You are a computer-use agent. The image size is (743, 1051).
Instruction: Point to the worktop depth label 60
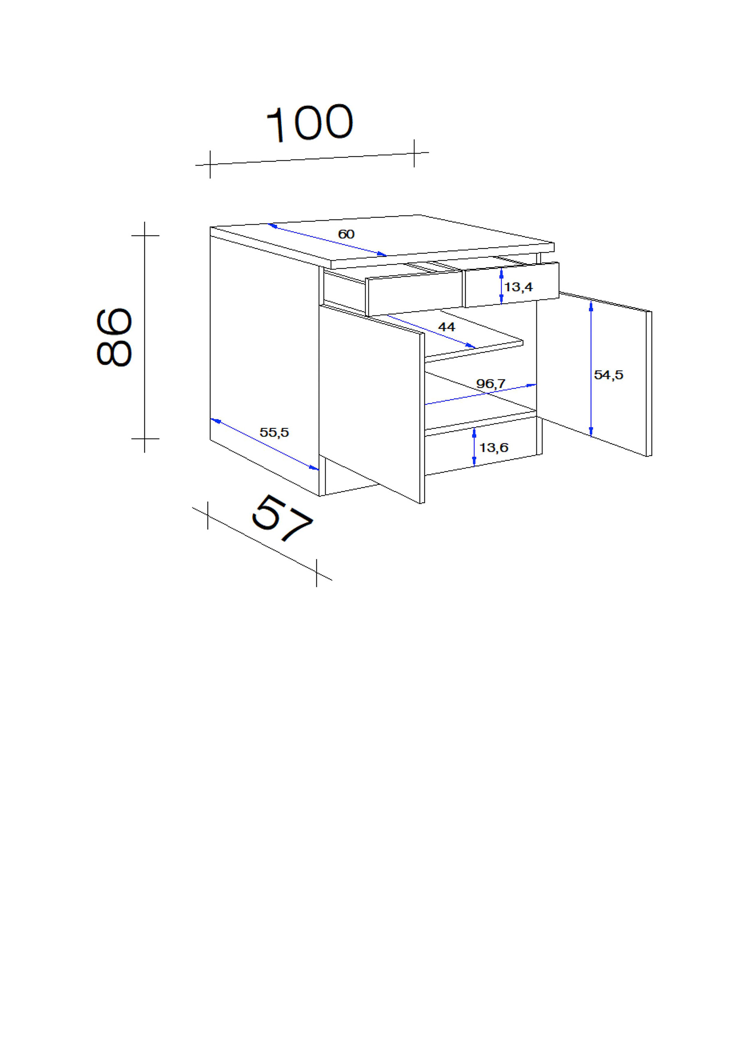346,235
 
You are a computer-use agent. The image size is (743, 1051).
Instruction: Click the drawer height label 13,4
519,287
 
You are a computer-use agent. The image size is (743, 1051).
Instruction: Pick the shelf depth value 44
447,327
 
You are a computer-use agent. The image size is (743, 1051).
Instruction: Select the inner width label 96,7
491,383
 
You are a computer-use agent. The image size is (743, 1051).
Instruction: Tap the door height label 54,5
608,375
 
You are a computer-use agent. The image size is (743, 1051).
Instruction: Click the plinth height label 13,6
494,447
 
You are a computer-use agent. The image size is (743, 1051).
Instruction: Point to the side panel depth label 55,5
274,432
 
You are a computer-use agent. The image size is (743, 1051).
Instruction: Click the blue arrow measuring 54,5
591,369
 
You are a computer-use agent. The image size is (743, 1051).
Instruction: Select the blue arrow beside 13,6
474,447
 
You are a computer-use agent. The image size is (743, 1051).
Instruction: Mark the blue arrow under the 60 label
327,240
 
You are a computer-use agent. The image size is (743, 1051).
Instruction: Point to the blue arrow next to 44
431,331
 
